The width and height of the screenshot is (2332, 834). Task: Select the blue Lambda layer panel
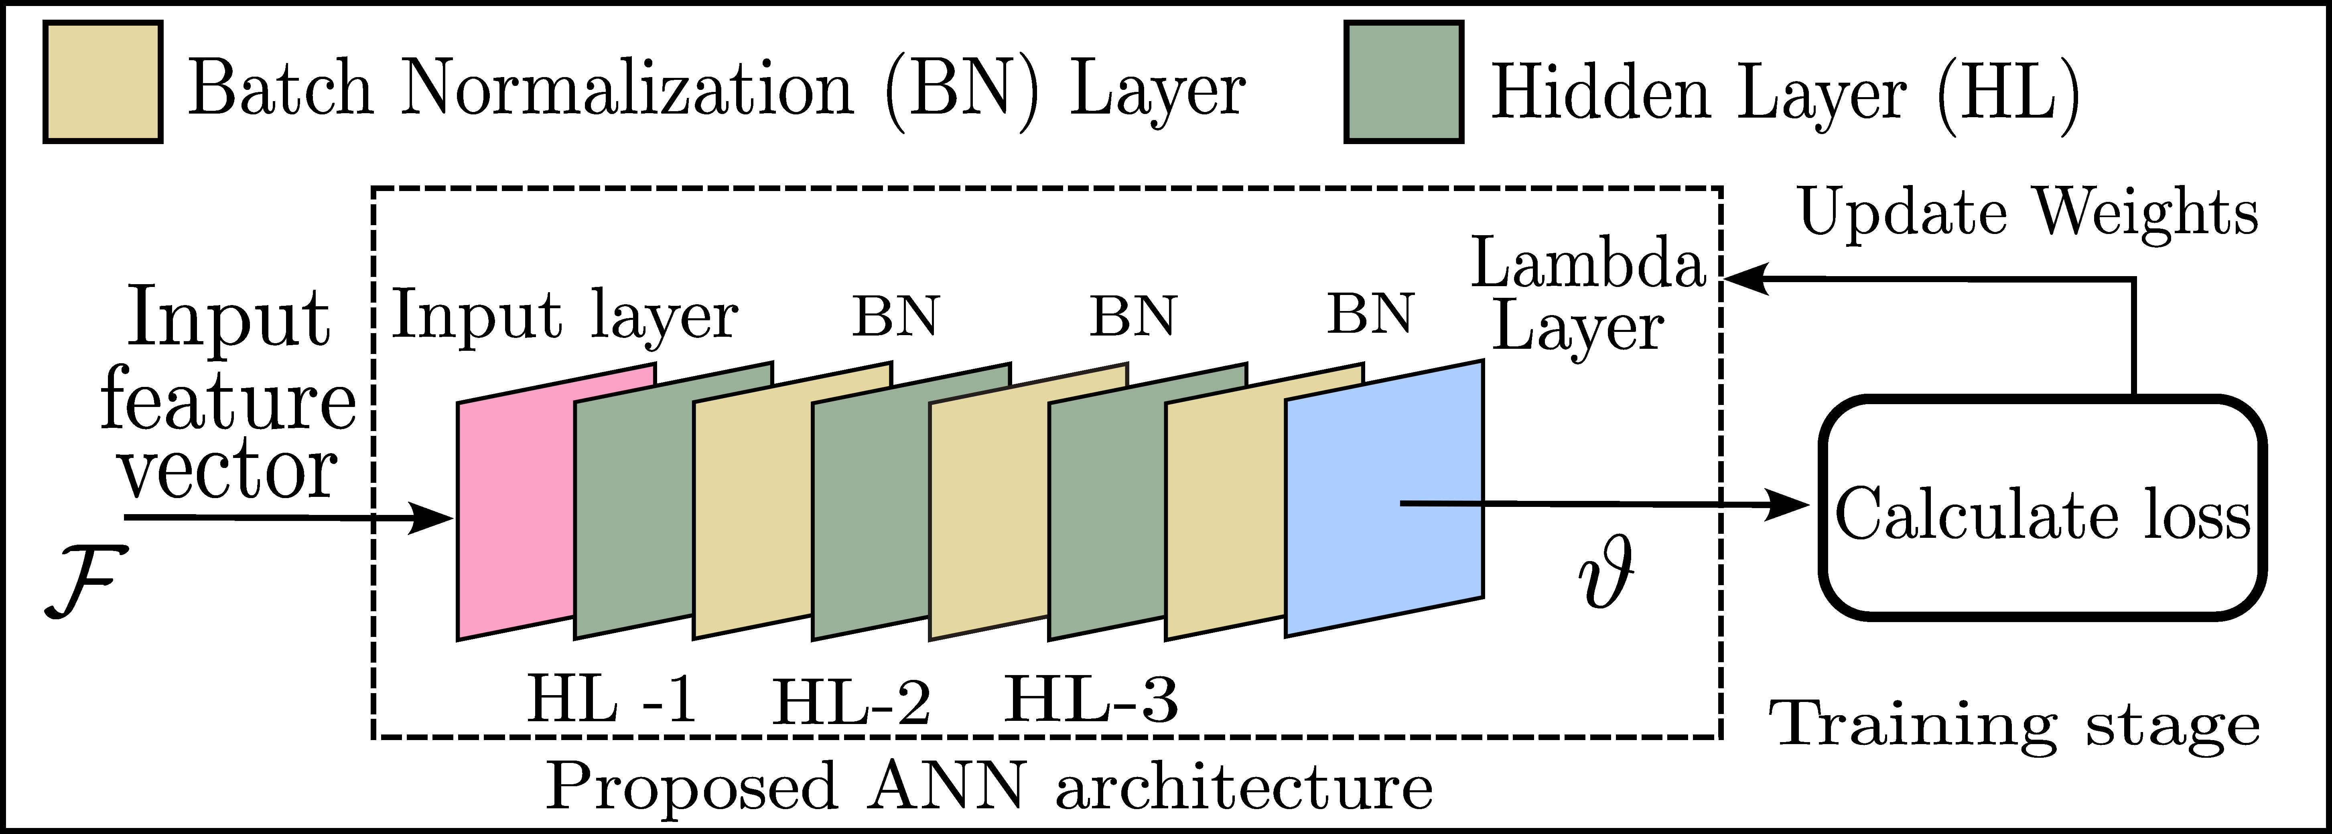tap(1383, 498)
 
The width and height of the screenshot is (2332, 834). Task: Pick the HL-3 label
tap(1091, 699)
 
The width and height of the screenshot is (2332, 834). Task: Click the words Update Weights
tap(2028, 214)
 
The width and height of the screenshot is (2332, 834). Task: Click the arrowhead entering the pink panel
tap(433, 518)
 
